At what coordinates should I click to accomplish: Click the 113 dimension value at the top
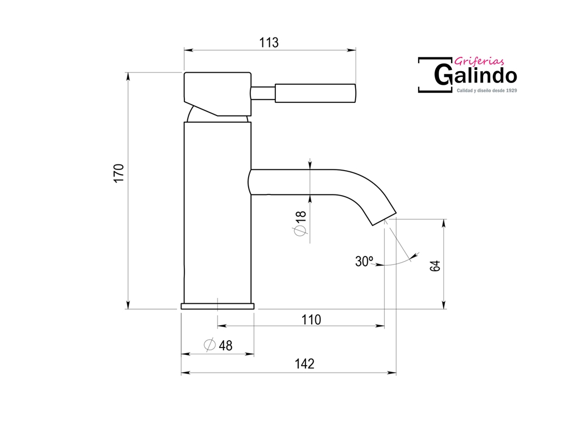point(269,43)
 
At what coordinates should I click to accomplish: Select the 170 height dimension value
point(119,173)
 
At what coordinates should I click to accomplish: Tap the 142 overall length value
point(304,364)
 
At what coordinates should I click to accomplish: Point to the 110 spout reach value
point(311,320)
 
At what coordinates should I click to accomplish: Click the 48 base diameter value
point(226,345)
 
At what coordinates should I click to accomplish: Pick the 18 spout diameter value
point(302,217)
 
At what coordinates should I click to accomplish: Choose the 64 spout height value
point(435,266)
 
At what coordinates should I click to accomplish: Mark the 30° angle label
point(364,262)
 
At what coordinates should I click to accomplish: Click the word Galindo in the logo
point(476,75)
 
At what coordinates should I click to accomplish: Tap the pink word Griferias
point(479,61)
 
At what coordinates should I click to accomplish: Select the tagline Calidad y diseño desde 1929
point(486,91)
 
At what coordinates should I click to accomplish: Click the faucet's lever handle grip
point(315,93)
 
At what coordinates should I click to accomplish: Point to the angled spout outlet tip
point(385,219)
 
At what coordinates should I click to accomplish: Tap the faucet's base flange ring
point(217,306)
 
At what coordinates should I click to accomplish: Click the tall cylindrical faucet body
point(217,213)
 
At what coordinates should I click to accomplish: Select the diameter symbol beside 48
point(209,345)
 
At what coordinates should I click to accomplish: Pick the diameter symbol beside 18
point(300,231)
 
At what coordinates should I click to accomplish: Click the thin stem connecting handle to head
point(263,93)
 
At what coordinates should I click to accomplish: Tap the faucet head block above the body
point(217,94)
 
